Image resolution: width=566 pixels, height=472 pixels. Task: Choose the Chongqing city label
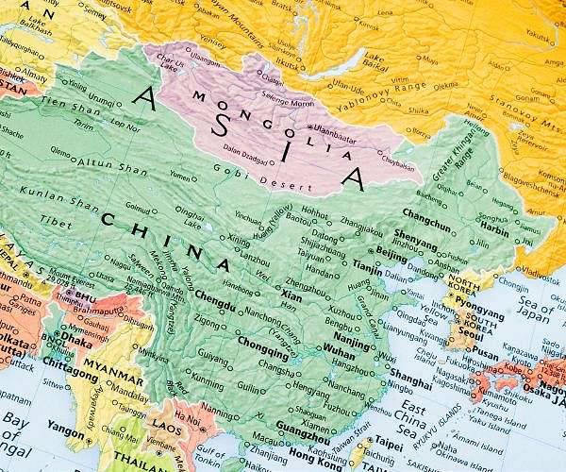tap(263, 341)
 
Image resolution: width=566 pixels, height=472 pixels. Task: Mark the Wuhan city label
tap(341, 347)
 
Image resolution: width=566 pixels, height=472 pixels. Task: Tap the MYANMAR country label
tap(106, 362)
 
